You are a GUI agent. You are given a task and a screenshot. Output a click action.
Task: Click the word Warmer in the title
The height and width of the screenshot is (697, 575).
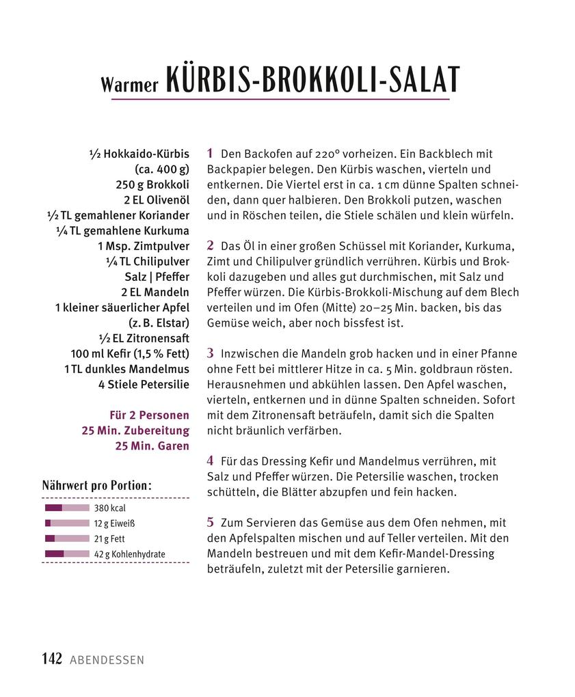129,84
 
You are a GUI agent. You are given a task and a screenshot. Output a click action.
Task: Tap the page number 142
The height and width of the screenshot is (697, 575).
52,659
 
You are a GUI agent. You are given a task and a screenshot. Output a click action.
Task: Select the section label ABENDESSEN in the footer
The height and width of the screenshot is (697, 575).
107,660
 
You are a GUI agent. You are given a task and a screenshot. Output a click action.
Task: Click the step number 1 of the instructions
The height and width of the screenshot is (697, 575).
211,154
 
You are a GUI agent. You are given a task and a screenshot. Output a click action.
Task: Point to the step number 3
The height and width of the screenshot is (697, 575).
211,353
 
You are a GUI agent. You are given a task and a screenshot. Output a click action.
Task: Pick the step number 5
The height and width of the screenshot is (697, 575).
211,522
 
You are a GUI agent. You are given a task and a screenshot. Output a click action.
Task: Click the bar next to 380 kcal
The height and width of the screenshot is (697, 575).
67,508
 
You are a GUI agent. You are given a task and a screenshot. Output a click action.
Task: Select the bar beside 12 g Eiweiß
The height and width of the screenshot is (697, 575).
67,523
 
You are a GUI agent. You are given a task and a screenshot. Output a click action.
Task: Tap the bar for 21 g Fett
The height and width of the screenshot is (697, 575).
67,538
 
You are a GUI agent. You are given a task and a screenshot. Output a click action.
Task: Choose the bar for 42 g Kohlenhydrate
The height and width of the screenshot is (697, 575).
67,553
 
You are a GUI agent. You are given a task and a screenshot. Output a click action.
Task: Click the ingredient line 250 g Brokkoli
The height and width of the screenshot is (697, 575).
152,184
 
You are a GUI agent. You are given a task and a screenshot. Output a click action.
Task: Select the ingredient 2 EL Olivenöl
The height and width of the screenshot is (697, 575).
156,200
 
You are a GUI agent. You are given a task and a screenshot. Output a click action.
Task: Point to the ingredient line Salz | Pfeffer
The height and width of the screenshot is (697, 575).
157,277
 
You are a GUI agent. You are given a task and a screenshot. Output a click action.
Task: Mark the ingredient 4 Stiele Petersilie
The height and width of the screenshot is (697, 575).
144,384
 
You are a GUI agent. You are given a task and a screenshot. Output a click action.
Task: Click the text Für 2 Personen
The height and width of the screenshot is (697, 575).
149,415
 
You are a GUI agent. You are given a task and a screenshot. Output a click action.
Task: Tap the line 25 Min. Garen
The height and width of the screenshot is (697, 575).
152,446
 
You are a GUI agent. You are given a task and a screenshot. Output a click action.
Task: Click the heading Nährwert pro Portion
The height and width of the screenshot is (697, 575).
96,486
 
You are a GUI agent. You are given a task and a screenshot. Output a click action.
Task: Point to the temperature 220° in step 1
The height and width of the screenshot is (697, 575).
326,154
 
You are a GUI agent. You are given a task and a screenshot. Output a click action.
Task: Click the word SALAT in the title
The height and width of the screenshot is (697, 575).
424,80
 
